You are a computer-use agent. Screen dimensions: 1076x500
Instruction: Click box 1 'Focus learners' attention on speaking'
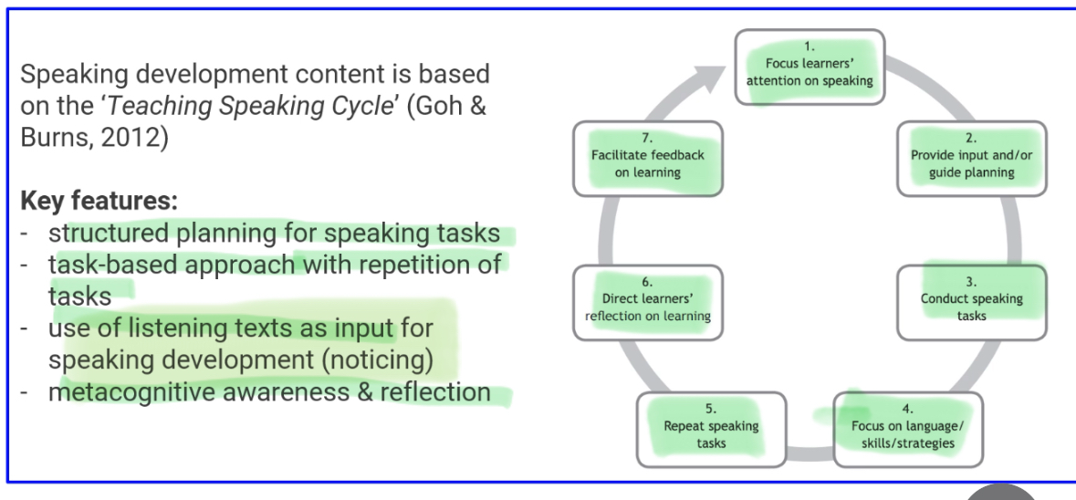(x=810, y=68)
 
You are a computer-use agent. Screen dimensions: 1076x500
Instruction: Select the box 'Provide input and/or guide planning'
(x=972, y=159)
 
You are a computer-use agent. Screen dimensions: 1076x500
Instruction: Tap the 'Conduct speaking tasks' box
(x=972, y=303)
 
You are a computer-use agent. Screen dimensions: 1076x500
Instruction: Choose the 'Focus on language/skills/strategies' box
(x=908, y=430)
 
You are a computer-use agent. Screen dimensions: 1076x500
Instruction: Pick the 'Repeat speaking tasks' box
(x=711, y=430)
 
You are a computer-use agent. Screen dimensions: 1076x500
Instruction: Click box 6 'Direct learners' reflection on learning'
(x=648, y=303)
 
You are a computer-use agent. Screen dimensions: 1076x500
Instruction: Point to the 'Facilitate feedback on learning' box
(x=648, y=159)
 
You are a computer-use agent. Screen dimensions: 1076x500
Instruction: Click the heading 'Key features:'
(x=99, y=201)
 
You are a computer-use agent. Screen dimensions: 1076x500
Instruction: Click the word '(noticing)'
(x=378, y=360)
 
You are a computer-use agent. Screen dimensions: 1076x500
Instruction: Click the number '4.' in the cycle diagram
(x=908, y=409)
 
